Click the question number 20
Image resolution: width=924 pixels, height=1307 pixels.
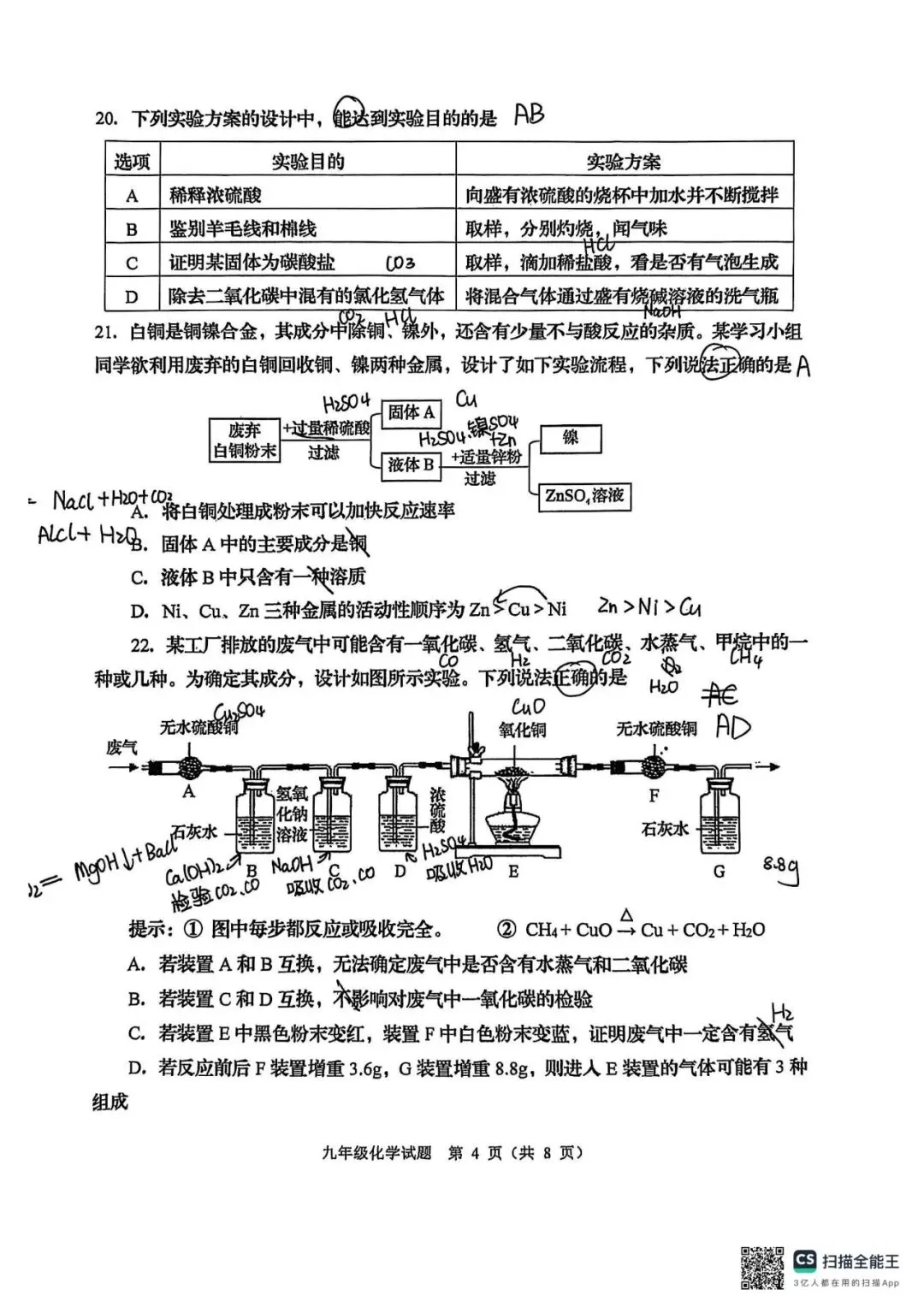106,119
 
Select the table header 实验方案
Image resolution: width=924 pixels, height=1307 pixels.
623,162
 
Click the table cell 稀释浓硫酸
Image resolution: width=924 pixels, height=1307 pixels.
216,195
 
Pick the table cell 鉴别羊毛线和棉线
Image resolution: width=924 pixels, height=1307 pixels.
243,228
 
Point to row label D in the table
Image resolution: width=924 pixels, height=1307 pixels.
132,297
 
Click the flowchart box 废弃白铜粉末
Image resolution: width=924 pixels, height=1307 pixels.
246,441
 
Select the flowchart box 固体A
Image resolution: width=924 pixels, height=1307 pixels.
412,413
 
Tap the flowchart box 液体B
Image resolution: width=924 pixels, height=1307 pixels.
412,464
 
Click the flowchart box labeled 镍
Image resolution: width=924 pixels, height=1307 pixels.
571,438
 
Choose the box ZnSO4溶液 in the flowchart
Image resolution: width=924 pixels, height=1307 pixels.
584,496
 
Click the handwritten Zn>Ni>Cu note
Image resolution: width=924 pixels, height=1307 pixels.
649,607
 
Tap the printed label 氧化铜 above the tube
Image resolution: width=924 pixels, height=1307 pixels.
522,729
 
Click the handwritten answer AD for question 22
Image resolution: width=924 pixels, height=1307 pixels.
732,727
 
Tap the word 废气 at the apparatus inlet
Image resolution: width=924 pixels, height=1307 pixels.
121,748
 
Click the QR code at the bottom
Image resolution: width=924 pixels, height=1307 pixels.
761,1267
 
